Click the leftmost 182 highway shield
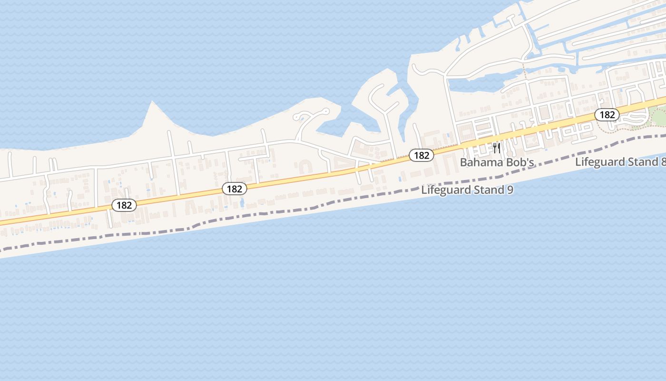124,205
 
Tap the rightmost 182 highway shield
607,115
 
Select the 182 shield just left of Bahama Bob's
421,155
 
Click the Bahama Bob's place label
497,162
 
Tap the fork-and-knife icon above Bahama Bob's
497,148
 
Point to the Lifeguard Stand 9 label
467,190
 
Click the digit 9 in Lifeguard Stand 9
510,190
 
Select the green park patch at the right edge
659,116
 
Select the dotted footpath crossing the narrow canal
525,71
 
